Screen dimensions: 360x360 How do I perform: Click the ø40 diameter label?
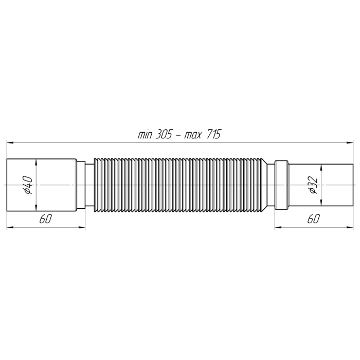[28, 185]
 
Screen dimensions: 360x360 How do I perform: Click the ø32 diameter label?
[313, 185]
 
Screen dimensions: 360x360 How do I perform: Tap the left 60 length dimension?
[46, 219]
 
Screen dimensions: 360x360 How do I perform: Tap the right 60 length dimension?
[314, 219]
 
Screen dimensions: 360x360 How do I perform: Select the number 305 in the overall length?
[164, 134]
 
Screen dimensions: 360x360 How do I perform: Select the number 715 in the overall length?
[214, 134]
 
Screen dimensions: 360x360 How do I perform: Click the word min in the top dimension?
[145, 135]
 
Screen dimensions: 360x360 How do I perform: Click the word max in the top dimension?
[193, 135]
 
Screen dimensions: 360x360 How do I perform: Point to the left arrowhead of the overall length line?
[10, 142]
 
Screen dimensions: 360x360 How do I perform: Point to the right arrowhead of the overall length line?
[350, 142]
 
